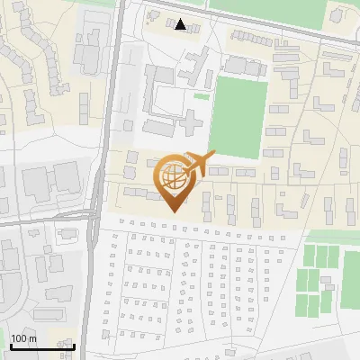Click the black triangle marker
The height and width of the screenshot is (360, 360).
(181, 24)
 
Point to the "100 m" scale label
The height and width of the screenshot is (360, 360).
(23, 338)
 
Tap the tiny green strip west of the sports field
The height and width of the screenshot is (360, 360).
(202, 96)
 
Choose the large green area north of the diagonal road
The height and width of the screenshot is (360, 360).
(270, 11)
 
